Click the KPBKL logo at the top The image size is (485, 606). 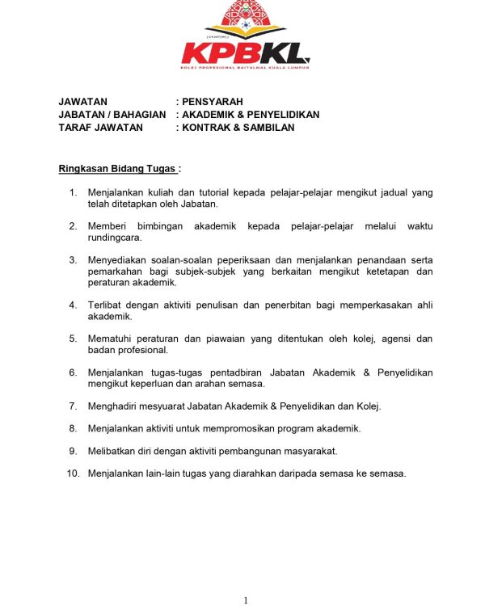(245, 36)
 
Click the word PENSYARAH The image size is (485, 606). (212, 102)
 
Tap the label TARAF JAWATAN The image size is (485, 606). (101, 127)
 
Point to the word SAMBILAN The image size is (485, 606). (269, 127)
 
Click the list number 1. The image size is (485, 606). (73, 192)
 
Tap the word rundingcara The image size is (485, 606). (115, 238)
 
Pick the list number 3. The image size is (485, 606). (73, 259)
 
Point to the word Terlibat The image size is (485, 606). (105, 305)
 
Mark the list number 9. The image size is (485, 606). (73, 451)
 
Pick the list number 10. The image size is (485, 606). (73, 473)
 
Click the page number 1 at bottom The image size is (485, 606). (245, 600)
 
